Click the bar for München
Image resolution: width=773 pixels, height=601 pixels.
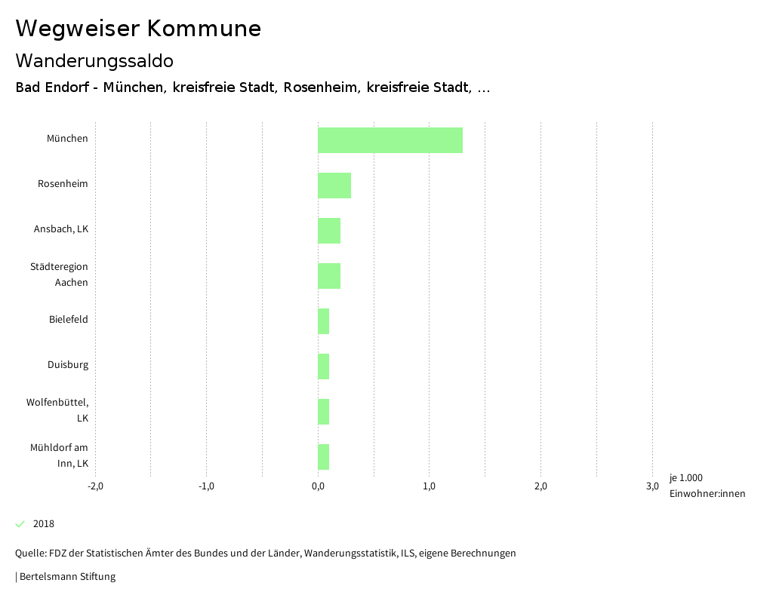[x=390, y=140]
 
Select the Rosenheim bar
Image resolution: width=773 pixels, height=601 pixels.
[x=334, y=186]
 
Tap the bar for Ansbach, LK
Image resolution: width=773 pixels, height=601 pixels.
[x=329, y=231]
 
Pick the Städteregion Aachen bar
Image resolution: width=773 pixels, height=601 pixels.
[x=329, y=276]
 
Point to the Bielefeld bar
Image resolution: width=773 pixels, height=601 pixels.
[x=324, y=321]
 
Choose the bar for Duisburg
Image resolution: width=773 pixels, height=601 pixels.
[x=324, y=366]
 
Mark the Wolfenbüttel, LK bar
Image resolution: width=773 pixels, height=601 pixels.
[x=324, y=412]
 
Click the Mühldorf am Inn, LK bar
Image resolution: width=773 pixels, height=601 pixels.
[x=324, y=457]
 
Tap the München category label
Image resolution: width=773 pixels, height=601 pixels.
[x=67, y=139]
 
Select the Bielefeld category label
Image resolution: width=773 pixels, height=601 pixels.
[x=69, y=320]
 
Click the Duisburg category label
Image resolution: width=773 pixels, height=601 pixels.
[x=68, y=365]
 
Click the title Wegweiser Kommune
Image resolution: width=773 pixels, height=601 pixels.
[x=138, y=29]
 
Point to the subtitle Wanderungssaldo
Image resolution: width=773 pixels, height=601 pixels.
[x=94, y=60]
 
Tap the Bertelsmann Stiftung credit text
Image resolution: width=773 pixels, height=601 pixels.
[x=66, y=577]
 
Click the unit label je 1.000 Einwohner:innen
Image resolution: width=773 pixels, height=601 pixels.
[x=707, y=486]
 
